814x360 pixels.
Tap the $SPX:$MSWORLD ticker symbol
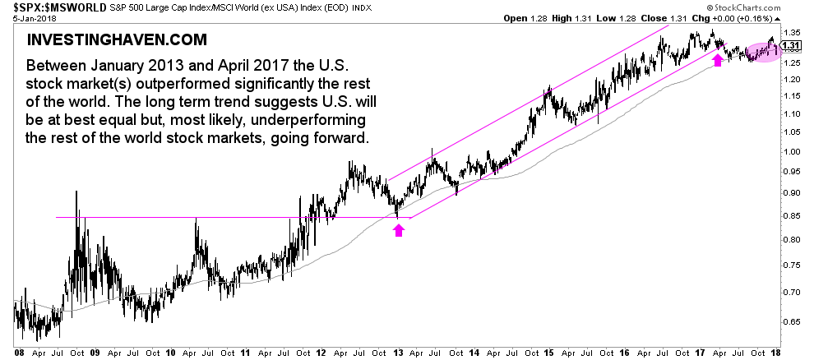pyautogui.click(x=49, y=7)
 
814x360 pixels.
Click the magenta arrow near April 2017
pyautogui.click(x=718, y=60)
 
